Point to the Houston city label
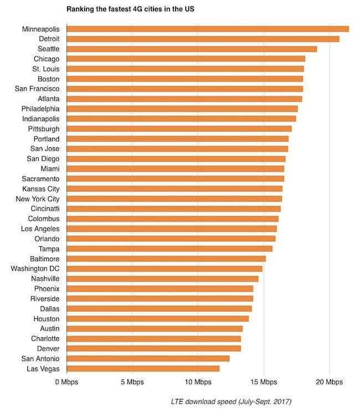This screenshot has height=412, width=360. point(47,318)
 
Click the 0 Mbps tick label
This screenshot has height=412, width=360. point(66,382)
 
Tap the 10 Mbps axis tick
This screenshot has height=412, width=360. point(198,382)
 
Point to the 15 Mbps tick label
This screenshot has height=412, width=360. point(264,382)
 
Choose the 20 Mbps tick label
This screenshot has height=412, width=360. point(330,382)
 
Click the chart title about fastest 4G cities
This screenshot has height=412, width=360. point(131,9)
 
